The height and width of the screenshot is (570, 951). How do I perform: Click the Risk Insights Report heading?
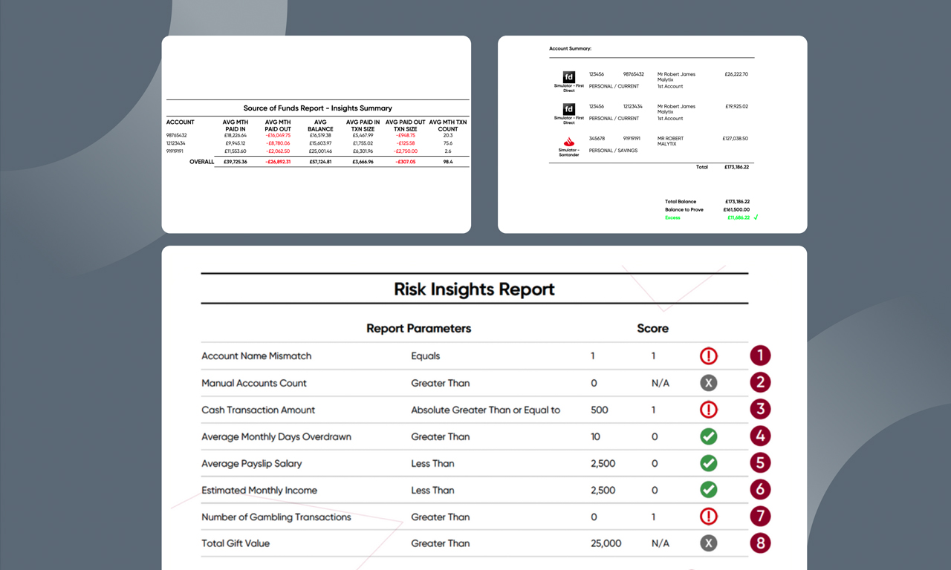click(x=474, y=289)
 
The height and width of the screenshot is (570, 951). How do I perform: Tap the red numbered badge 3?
click(x=760, y=409)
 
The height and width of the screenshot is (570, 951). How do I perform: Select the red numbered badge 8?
click(x=760, y=543)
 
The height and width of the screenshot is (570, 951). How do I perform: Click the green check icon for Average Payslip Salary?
click(x=709, y=463)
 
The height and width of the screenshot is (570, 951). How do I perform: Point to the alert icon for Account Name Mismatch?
click(x=709, y=356)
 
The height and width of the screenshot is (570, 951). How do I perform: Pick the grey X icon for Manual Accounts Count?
click(x=709, y=383)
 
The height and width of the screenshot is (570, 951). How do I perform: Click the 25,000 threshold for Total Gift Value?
click(x=606, y=543)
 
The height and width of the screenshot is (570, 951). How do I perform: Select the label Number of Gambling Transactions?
click(x=276, y=517)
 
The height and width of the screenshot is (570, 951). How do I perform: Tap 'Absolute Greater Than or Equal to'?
click(x=486, y=410)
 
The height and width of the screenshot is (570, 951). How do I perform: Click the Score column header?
click(x=652, y=328)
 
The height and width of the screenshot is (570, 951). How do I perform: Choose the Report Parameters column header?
click(x=418, y=328)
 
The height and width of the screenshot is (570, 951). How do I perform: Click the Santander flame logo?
click(x=569, y=142)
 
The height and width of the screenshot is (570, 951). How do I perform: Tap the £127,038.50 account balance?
click(x=735, y=139)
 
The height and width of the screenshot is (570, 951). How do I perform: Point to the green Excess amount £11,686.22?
click(x=737, y=218)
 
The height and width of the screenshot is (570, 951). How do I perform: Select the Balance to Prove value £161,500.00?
click(x=737, y=210)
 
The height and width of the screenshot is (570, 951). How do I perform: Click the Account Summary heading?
click(x=570, y=49)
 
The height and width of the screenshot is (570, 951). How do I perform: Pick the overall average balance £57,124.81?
click(x=320, y=162)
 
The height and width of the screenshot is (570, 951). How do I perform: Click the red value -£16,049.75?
click(x=278, y=136)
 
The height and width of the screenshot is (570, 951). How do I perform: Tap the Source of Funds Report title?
click(x=317, y=108)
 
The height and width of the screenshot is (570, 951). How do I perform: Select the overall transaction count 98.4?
click(x=448, y=162)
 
